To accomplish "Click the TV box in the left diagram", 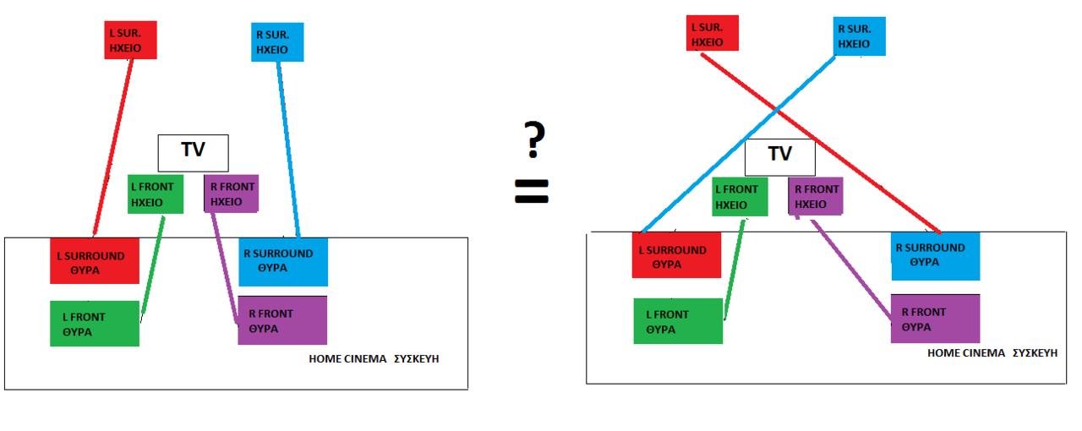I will click(x=194, y=152).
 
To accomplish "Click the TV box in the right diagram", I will click(x=779, y=156).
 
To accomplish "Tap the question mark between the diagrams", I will click(x=533, y=139).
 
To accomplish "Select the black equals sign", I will click(x=532, y=192).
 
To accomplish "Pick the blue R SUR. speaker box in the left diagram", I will click(x=277, y=42).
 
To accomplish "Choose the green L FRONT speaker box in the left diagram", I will click(x=156, y=194).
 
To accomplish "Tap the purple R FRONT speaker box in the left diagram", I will click(x=231, y=194).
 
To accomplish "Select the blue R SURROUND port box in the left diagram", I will click(x=282, y=261).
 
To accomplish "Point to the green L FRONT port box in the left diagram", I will click(x=94, y=324).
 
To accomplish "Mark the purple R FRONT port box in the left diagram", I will click(x=282, y=320).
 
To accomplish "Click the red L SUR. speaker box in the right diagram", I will click(x=713, y=34).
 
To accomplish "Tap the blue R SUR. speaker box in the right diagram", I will click(x=859, y=35).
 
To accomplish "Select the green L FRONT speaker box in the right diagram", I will click(x=740, y=196).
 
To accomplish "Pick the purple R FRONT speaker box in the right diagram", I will click(x=816, y=196).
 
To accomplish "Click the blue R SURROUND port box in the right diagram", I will click(x=935, y=255).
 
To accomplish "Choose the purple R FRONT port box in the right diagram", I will click(x=935, y=319).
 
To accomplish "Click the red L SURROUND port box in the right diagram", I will click(x=676, y=255).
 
